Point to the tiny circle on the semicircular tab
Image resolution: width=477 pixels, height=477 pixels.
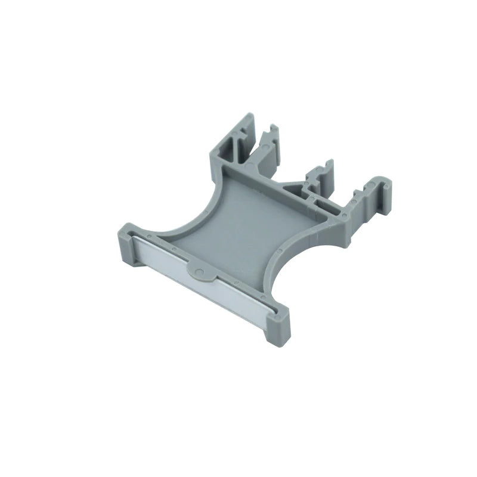point(201,273)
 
